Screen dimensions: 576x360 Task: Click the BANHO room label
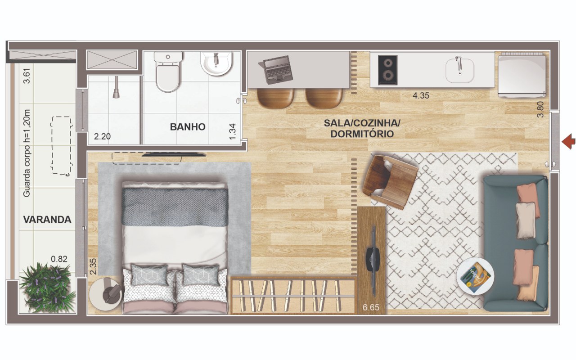188,127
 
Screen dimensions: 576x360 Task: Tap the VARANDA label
47,220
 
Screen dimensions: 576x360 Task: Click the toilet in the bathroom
168,72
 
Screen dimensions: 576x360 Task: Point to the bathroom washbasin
216,63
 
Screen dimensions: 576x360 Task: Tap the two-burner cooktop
388,70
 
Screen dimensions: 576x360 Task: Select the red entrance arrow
568,141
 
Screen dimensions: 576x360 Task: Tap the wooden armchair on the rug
390,181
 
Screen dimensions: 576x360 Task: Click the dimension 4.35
421,96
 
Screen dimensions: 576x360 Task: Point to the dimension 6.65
371,307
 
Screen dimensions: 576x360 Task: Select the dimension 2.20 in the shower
102,136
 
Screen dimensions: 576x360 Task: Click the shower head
116,87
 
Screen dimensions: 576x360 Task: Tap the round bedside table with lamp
106,294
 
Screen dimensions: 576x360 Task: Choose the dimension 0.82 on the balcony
59,259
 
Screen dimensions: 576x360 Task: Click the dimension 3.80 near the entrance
540,109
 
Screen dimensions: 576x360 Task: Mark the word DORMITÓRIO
362,134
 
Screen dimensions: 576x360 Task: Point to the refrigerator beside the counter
522,75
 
